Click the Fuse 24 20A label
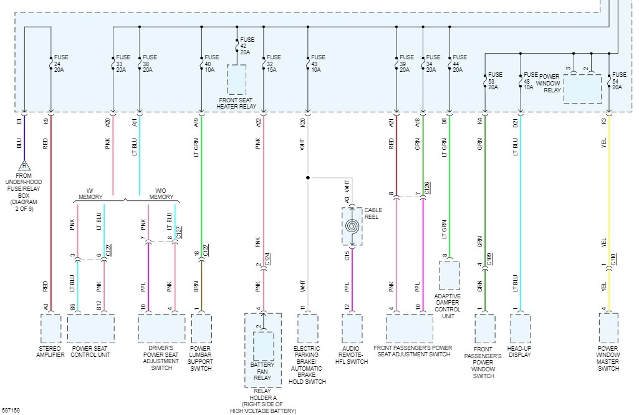coord(60,63)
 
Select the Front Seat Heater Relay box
coord(236,79)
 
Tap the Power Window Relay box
coord(582,89)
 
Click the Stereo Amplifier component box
coord(50,328)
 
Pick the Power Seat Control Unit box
coord(91,328)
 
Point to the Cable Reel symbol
coord(352,226)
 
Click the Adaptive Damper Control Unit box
coord(449,275)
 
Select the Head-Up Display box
coord(521,328)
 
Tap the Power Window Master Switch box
coord(608,328)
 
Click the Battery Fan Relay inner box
coord(263,346)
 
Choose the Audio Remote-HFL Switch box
coord(352,328)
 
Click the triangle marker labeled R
coord(24,166)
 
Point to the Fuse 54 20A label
coord(619,81)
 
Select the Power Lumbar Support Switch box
coord(201,328)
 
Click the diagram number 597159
coord(11,411)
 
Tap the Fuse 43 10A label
coord(318,63)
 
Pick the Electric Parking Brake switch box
coord(308,328)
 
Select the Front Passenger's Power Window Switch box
coord(485,328)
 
